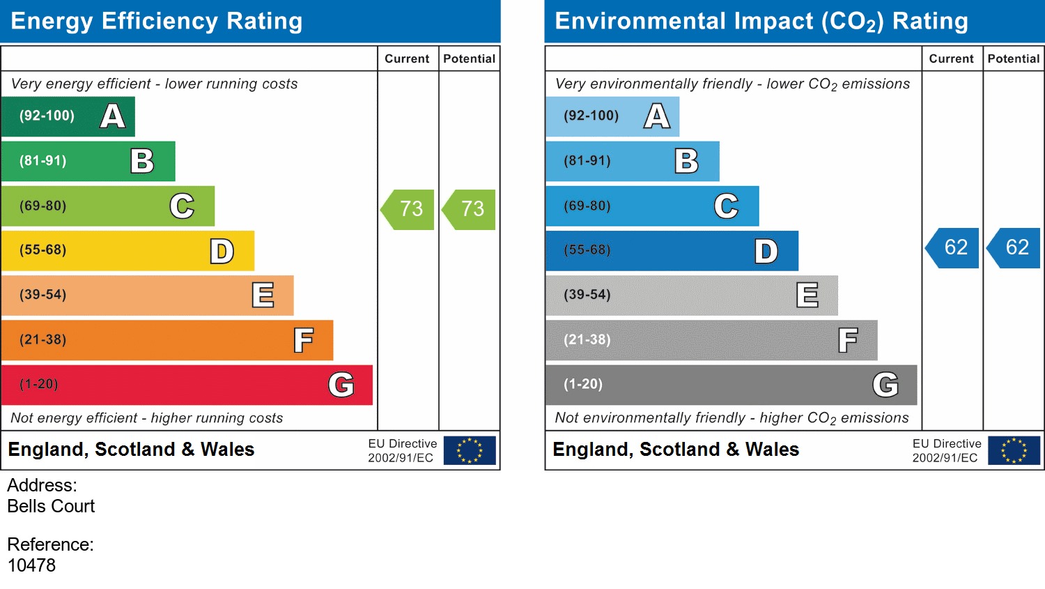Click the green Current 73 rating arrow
tap(409, 209)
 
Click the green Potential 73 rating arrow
tap(470, 209)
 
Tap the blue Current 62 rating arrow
tap(954, 247)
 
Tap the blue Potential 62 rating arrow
tap(1015, 247)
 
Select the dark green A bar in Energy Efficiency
tap(68, 116)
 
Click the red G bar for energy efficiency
tap(187, 385)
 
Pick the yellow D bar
tap(127, 251)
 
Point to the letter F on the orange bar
tap(303, 341)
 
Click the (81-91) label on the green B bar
tap(43, 161)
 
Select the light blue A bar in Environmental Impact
tap(612, 116)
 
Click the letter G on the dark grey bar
tap(885, 385)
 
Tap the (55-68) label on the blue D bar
tap(587, 250)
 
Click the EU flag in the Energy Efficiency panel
tap(470, 450)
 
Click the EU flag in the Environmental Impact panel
tap(1014, 450)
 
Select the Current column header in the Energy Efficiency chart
tap(407, 59)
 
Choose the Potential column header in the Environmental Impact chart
tap(1014, 59)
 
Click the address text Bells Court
tap(51, 506)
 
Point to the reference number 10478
tap(31, 565)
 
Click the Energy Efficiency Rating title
tap(157, 22)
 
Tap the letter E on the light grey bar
tap(807, 296)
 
